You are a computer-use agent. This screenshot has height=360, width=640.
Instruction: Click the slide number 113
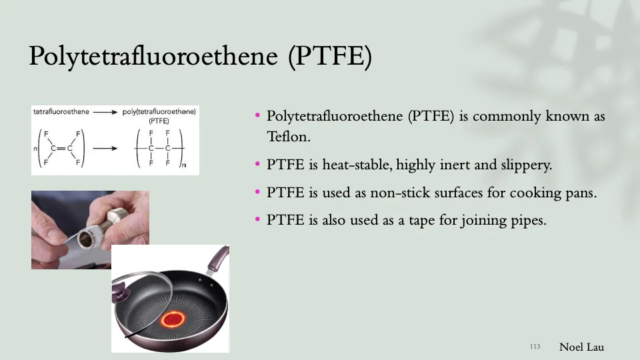coord(535,347)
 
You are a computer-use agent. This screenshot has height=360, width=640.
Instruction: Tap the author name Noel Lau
coord(582,347)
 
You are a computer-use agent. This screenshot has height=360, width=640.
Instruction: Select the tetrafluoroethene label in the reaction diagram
coord(61,112)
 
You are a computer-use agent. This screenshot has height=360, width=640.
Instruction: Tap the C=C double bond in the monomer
coord(61,148)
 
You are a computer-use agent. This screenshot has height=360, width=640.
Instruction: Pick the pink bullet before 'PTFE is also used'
coord(257,219)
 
